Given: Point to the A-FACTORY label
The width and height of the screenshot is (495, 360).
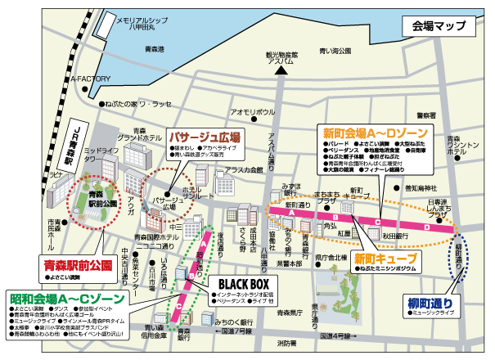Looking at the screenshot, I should click(x=89, y=79).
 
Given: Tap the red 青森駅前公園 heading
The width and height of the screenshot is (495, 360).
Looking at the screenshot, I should click(x=76, y=263).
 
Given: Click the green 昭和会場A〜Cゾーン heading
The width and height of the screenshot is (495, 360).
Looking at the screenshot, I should click(x=61, y=296).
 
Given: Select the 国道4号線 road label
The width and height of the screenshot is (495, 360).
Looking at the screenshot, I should click(x=339, y=335).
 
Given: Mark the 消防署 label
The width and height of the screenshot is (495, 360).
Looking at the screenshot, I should click(x=286, y=343).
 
